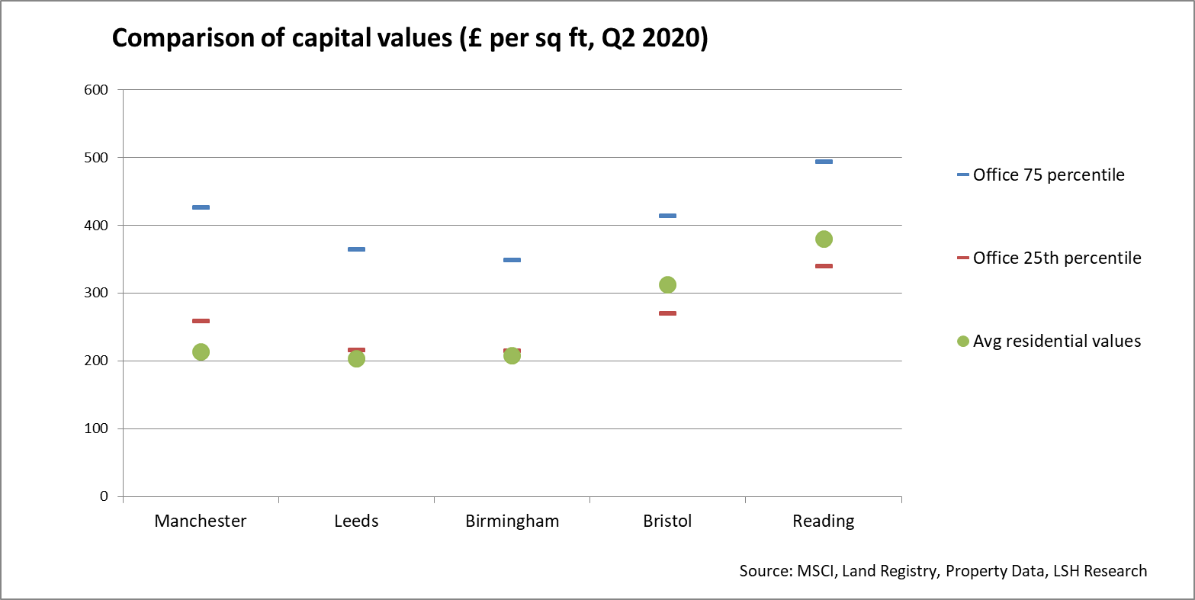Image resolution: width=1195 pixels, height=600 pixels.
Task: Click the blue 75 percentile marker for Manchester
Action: (201, 207)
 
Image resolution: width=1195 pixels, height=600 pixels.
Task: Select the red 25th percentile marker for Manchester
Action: (201, 321)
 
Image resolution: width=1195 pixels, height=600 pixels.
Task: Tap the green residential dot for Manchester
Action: (201, 351)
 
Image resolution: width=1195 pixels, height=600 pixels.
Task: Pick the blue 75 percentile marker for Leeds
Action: (356, 249)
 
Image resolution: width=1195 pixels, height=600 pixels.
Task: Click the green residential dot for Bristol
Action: (667, 284)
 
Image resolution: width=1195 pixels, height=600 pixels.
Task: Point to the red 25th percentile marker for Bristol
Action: (667, 313)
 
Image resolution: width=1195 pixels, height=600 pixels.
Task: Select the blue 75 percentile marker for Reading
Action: (824, 162)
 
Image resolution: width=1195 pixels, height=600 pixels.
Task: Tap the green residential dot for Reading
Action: (824, 239)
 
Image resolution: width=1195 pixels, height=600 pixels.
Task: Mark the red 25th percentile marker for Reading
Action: (824, 266)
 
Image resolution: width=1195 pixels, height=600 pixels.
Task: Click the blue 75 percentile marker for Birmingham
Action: (512, 260)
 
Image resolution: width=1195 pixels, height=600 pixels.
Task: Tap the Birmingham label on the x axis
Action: (512, 521)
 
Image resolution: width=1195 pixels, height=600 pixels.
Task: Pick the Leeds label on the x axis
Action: (356, 521)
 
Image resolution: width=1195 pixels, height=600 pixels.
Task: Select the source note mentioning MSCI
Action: (943, 571)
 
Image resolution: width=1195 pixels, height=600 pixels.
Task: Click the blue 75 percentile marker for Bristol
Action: (667, 216)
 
